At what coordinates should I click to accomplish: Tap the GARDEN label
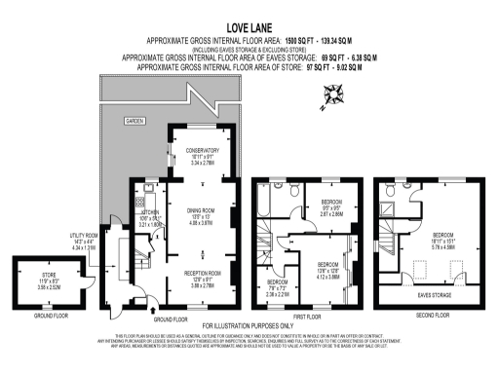tap(133, 120)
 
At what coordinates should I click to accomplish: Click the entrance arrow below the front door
tap(157, 315)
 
